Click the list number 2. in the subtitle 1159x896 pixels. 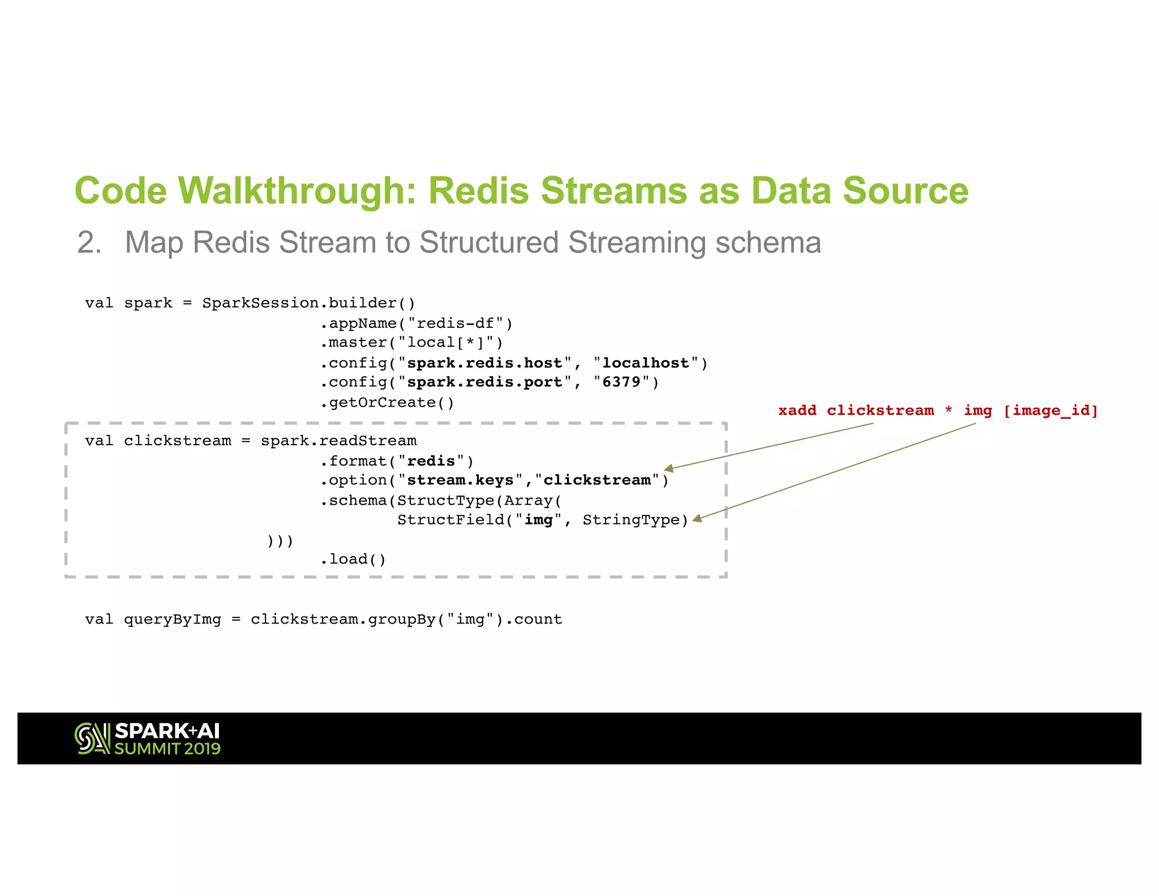point(89,242)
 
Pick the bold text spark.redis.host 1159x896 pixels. point(484,363)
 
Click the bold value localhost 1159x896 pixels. point(645,363)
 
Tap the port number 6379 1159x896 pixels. point(621,382)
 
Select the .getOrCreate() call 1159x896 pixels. point(387,403)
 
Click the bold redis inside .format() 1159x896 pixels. point(431,461)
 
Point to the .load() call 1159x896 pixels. point(353,560)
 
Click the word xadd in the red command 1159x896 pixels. point(797,411)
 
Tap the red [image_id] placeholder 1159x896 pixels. point(1050,411)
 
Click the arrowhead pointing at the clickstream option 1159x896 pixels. point(668,468)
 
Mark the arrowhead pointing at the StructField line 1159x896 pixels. point(697,518)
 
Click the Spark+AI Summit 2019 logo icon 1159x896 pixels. point(92,739)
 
